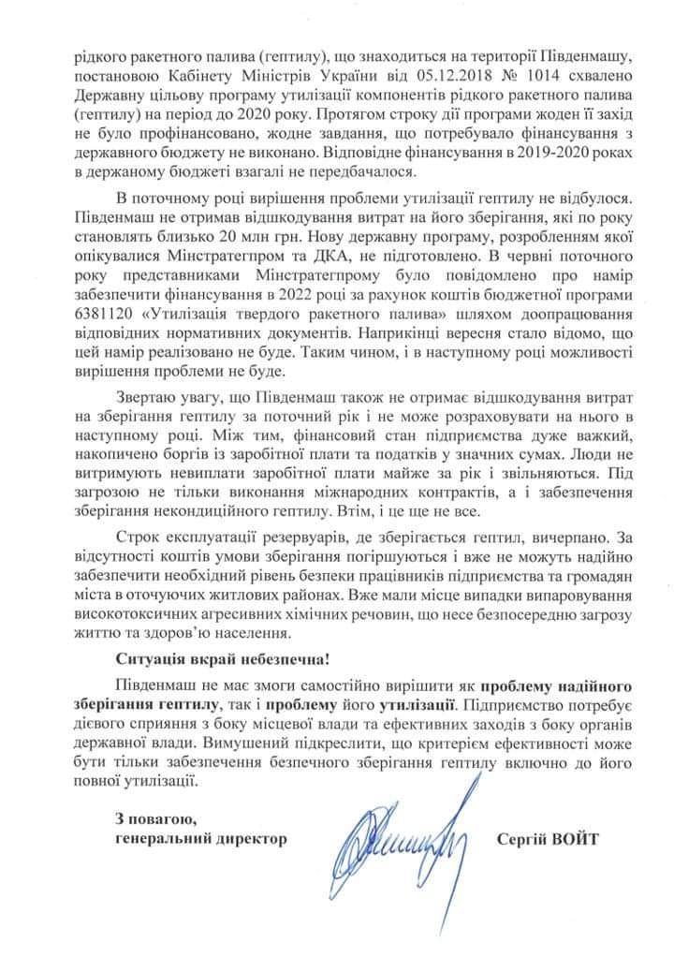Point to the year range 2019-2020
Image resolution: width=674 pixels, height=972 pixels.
[537, 153]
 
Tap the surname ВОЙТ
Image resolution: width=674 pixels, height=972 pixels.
[570, 838]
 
